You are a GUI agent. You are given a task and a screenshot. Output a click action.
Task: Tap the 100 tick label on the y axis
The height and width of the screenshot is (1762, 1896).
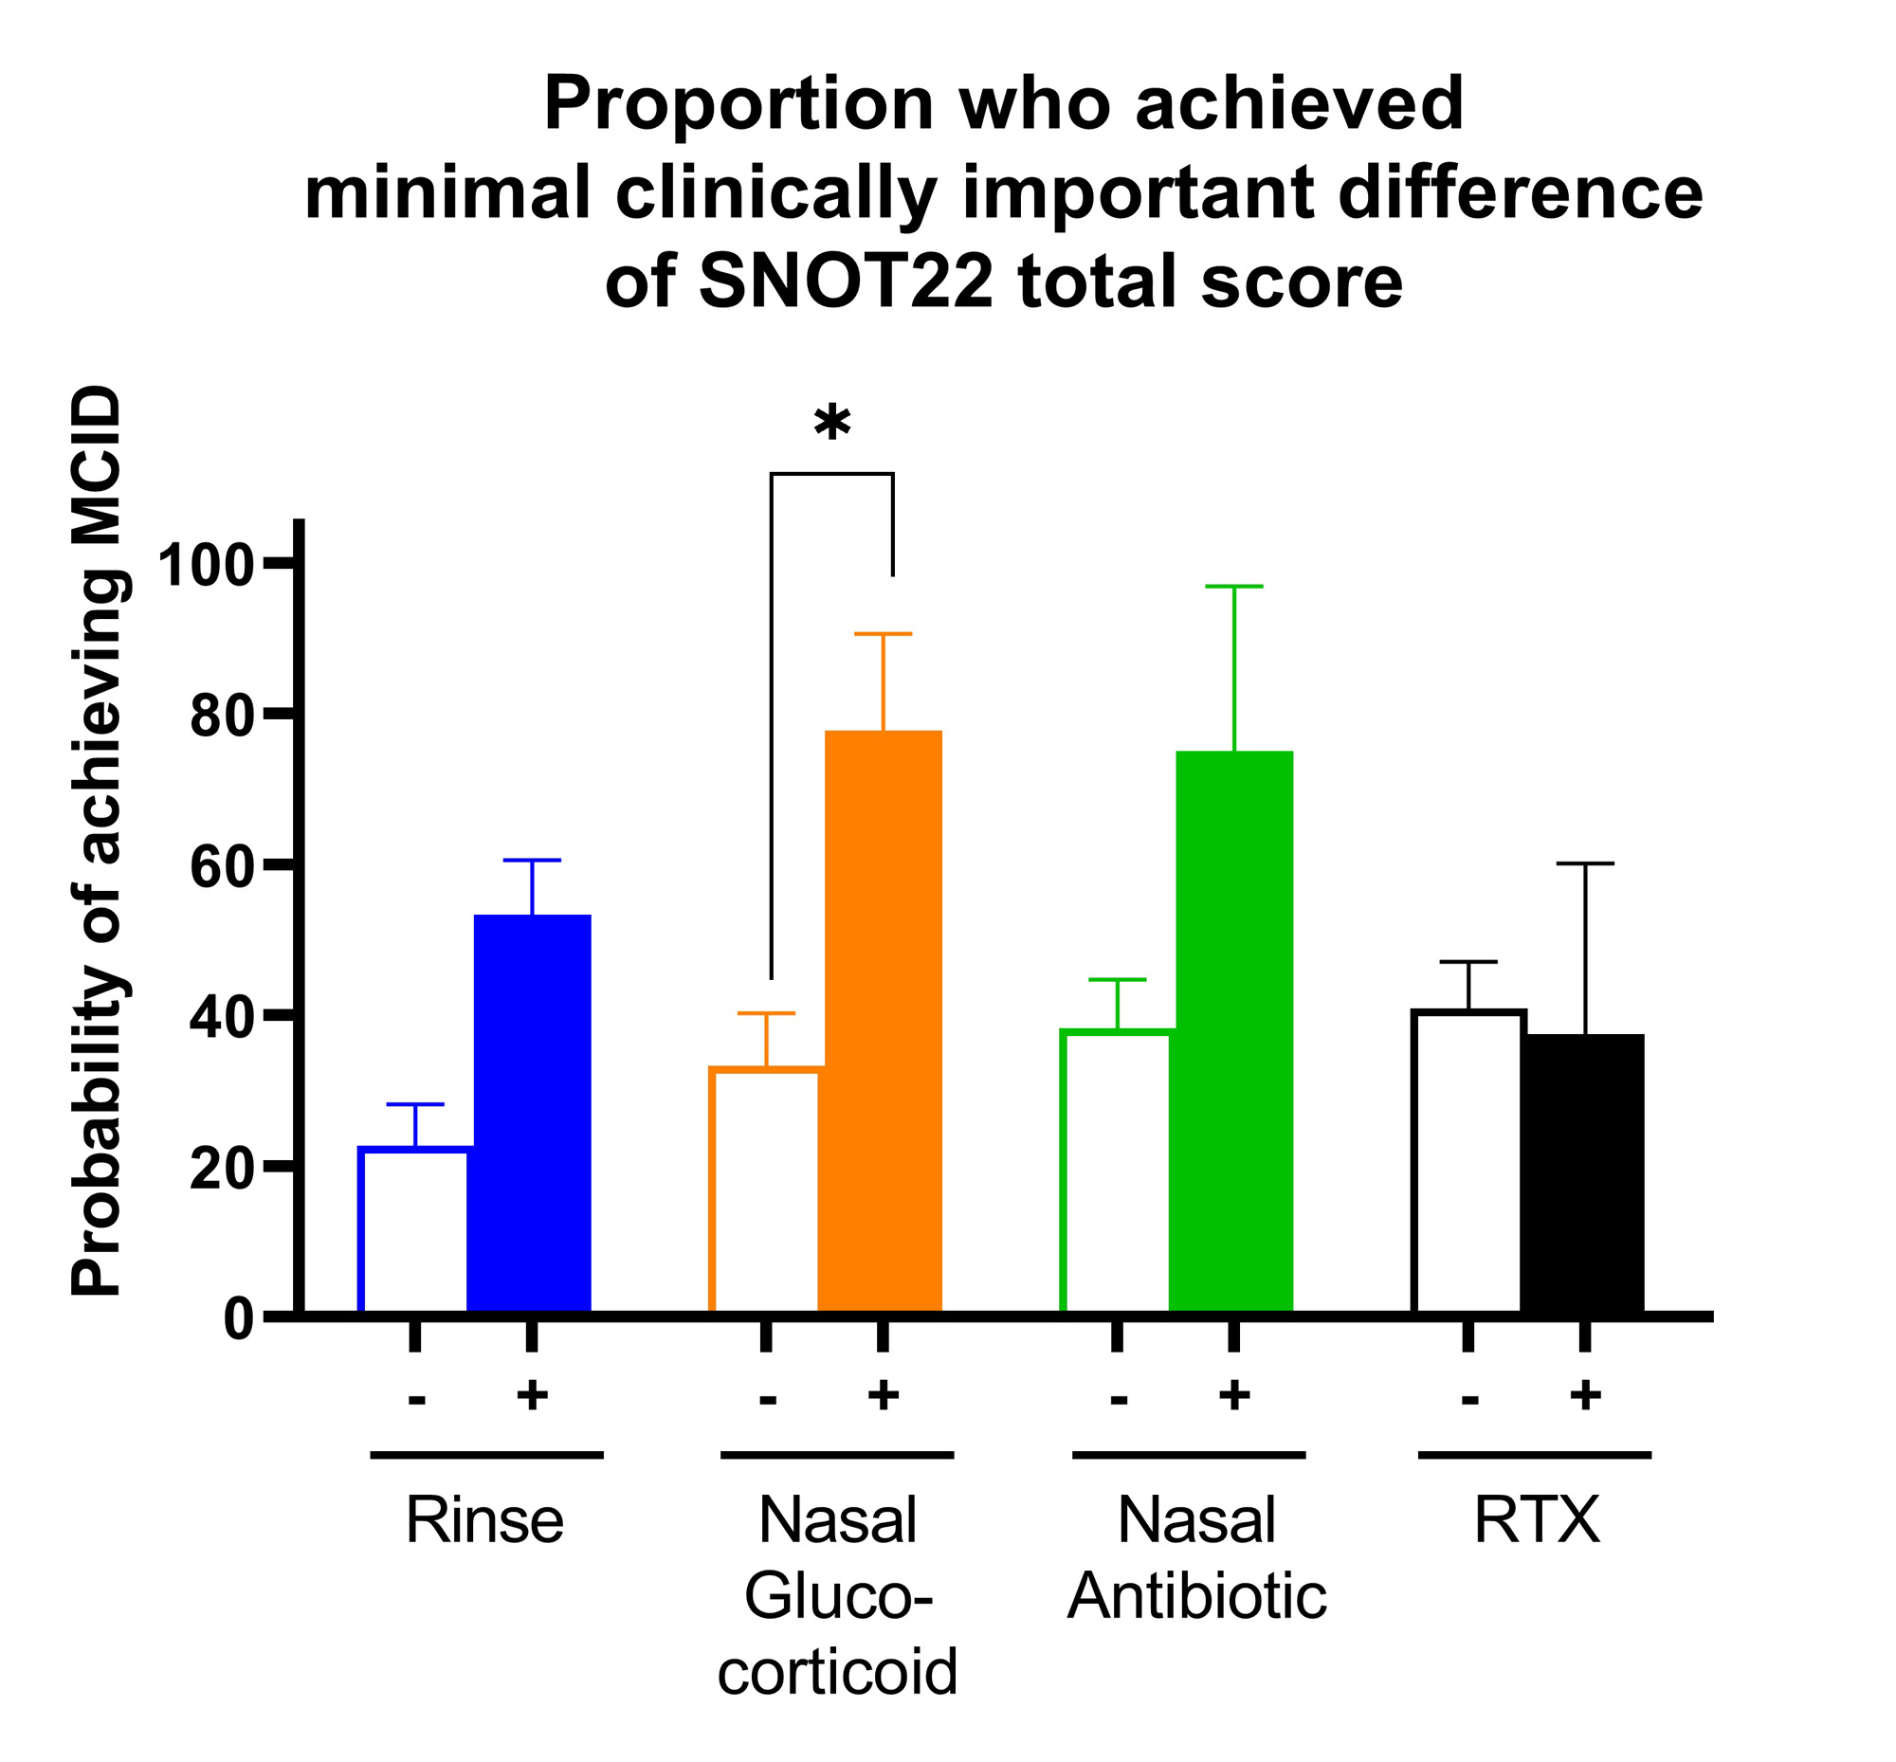208,564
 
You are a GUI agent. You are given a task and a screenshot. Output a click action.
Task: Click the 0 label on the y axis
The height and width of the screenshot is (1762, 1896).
239,1319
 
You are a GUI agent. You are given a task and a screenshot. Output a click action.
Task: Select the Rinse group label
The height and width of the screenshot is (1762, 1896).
484,1519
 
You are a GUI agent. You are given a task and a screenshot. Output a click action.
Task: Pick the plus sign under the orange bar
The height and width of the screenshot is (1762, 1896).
884,1396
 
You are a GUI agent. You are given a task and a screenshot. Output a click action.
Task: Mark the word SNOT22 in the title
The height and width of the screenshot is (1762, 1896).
845,283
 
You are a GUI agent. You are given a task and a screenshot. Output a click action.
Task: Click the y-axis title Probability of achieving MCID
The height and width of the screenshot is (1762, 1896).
98,839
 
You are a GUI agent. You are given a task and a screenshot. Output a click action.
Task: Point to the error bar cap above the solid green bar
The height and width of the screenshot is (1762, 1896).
1234,587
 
